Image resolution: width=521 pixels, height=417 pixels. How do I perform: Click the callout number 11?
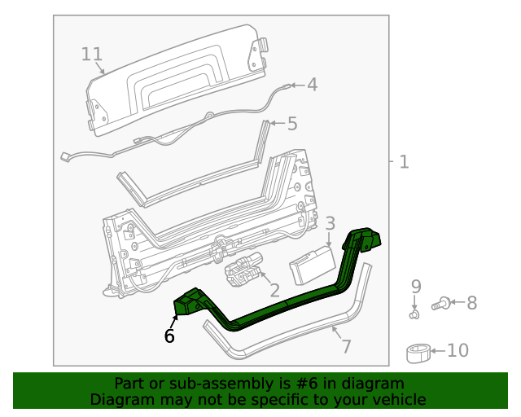pyautogui.click(x=92, y=55)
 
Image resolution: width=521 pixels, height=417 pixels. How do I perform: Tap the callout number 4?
pyautogui.click(x=312, y=85)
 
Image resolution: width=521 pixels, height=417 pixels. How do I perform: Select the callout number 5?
pyautogui.click(x=291, y=124)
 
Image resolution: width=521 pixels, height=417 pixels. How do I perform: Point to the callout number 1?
pyautogui.click(x=403, y=161)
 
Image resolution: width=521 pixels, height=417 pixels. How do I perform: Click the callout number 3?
pyautogui.click(x=330, y=223)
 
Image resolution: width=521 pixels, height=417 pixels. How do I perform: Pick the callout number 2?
pyautogui.click(x=274, y=290)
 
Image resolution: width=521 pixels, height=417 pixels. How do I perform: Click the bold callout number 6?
pyautogui.click(x=169, y=335)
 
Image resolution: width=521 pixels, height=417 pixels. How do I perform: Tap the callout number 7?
pyautogui.click(x=346, y=346)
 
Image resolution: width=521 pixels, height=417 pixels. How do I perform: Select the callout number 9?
pyautogui.click(x=415, y=286)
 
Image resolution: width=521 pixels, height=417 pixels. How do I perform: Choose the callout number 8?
pyautogui.click(x=471, y=303)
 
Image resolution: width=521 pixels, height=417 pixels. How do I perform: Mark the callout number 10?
pyautogui.click(x=458, y=351)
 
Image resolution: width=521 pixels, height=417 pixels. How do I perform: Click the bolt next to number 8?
pyautogui.click(x=440, y=305)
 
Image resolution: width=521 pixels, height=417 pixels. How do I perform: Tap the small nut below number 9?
pyautogui.click(x=414, y=312)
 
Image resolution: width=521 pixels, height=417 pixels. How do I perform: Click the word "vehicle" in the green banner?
pyautogui.click(x=398, y=399)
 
